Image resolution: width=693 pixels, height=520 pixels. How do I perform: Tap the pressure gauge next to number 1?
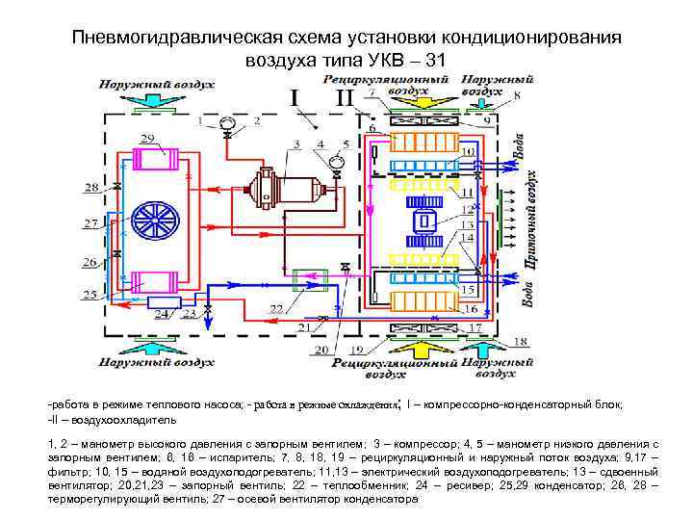(227, 123)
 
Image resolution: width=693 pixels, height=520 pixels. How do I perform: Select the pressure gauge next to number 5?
(336, 160)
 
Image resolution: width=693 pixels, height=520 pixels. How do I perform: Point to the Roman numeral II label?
(344, 97)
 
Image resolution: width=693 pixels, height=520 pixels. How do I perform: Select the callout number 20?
(321, 348)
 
